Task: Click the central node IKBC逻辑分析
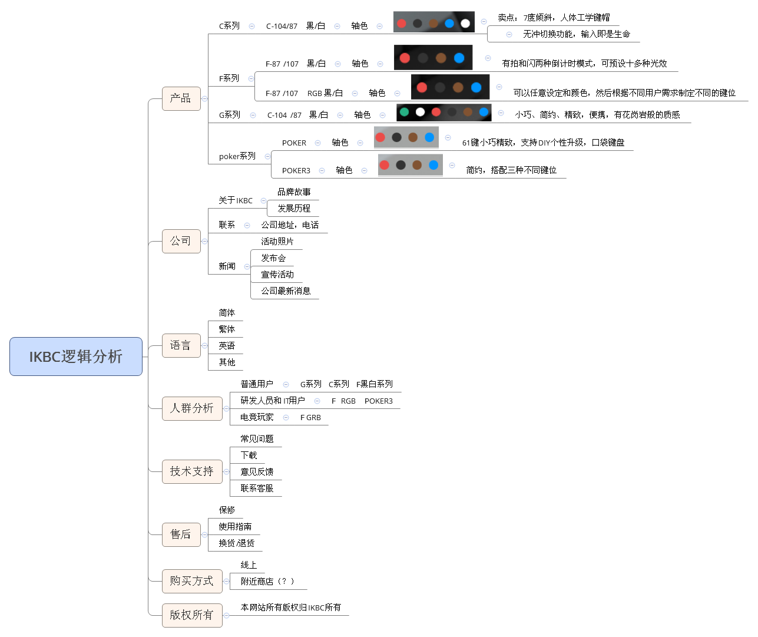pos(76,357)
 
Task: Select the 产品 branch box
pos(181,98)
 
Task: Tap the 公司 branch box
pos(181,241)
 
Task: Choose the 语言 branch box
pos(181,345)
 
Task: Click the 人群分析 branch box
pos(192,408)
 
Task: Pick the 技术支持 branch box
pos(192,471)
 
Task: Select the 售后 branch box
pos(181,534)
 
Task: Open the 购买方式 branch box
pos(192,581)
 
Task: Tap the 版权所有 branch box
pos(192,615)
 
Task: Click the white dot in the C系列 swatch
pos(465,24)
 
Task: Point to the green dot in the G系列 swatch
pos(404,112)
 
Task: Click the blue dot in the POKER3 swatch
pos(433,165)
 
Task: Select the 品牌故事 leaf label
pos(294,192)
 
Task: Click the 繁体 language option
pos(227,329)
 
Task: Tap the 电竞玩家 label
pos(257,417)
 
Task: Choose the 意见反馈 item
pos(257,472)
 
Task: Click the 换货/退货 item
pos(237,543)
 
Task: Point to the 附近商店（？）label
pos(267,582)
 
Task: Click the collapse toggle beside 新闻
pos(247,266)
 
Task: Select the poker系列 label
pos(237,156)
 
